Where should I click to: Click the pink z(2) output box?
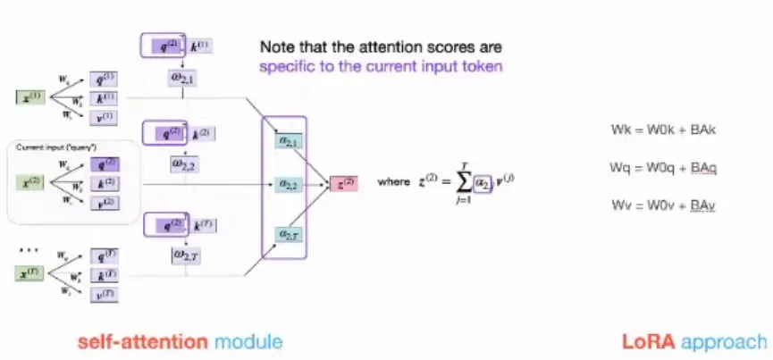click(x=343, y=184)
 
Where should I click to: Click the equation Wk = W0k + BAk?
click(x=663, y=130)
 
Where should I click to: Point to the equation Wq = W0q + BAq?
click(x=663, y=168)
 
